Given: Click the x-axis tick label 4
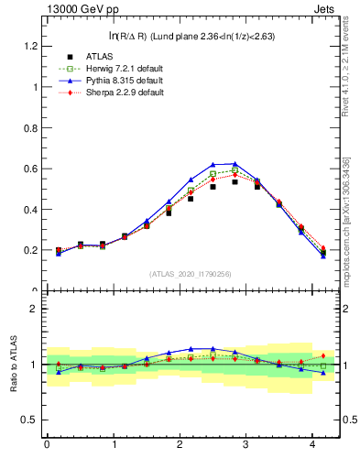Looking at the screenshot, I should (x=315, y=445).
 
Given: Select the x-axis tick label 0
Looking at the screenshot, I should (x=47, y=445).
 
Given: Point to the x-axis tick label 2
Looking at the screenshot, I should (x=180, y=445).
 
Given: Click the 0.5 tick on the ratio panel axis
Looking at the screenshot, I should (x=29, y=420).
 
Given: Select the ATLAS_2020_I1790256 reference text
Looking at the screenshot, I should (x=191, y=275).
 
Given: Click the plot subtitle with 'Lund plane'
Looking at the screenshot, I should (x=191, y=36).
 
